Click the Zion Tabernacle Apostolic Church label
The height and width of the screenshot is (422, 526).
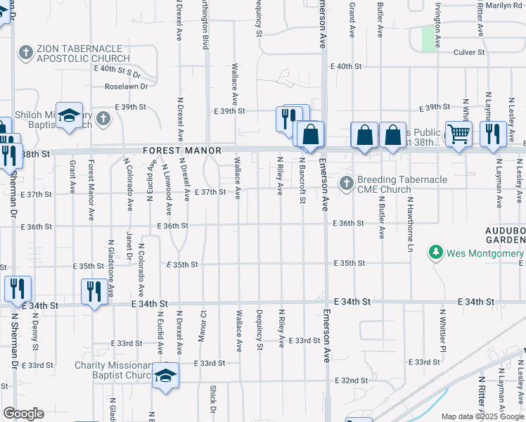[x=84, y=53]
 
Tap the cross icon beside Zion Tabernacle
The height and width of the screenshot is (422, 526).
[x=25, y=52]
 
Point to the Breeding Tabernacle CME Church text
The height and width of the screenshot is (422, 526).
[x=402, y=184]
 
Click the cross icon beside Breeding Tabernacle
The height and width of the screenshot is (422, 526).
[x=346, y=184]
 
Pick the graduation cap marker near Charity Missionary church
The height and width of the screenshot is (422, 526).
[x=166, y=375]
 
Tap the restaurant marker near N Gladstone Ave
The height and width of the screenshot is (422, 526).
[x=94, y=290]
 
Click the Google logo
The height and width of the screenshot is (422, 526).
[x=23, y=414]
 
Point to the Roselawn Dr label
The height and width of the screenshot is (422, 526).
[x=126, y=87]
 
